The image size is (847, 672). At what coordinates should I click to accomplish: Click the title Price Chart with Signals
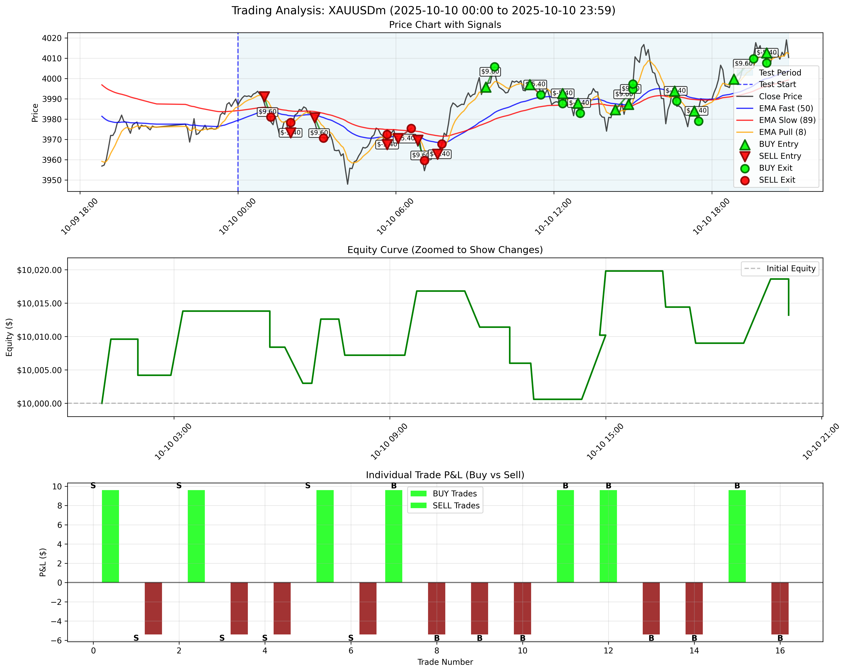(445, 25)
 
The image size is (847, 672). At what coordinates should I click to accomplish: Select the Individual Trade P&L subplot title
(445, 475)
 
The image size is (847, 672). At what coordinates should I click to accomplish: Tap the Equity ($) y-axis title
(9, 337)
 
